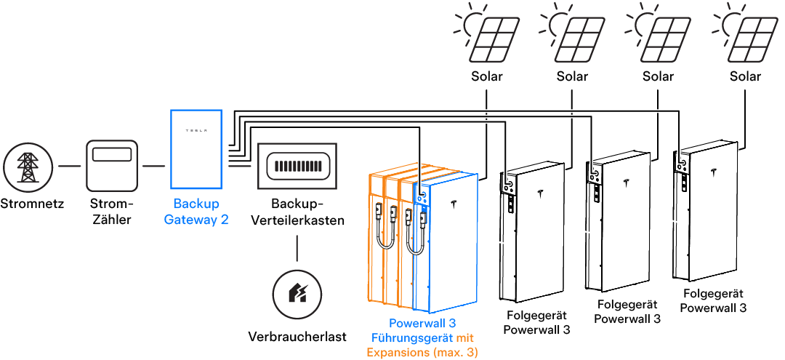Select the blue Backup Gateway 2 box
[x=196, y=149]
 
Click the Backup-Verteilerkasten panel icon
[x=297, y=167]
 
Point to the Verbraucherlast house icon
[x=297, y=294]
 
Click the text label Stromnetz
[x=32, y=204]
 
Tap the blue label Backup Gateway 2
[x=196, y=212]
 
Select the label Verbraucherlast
[x=297, y=337]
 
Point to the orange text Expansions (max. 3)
[x=422, y=352]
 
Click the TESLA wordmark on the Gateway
[x=196, y=131]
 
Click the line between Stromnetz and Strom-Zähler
[x=69, y=167]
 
